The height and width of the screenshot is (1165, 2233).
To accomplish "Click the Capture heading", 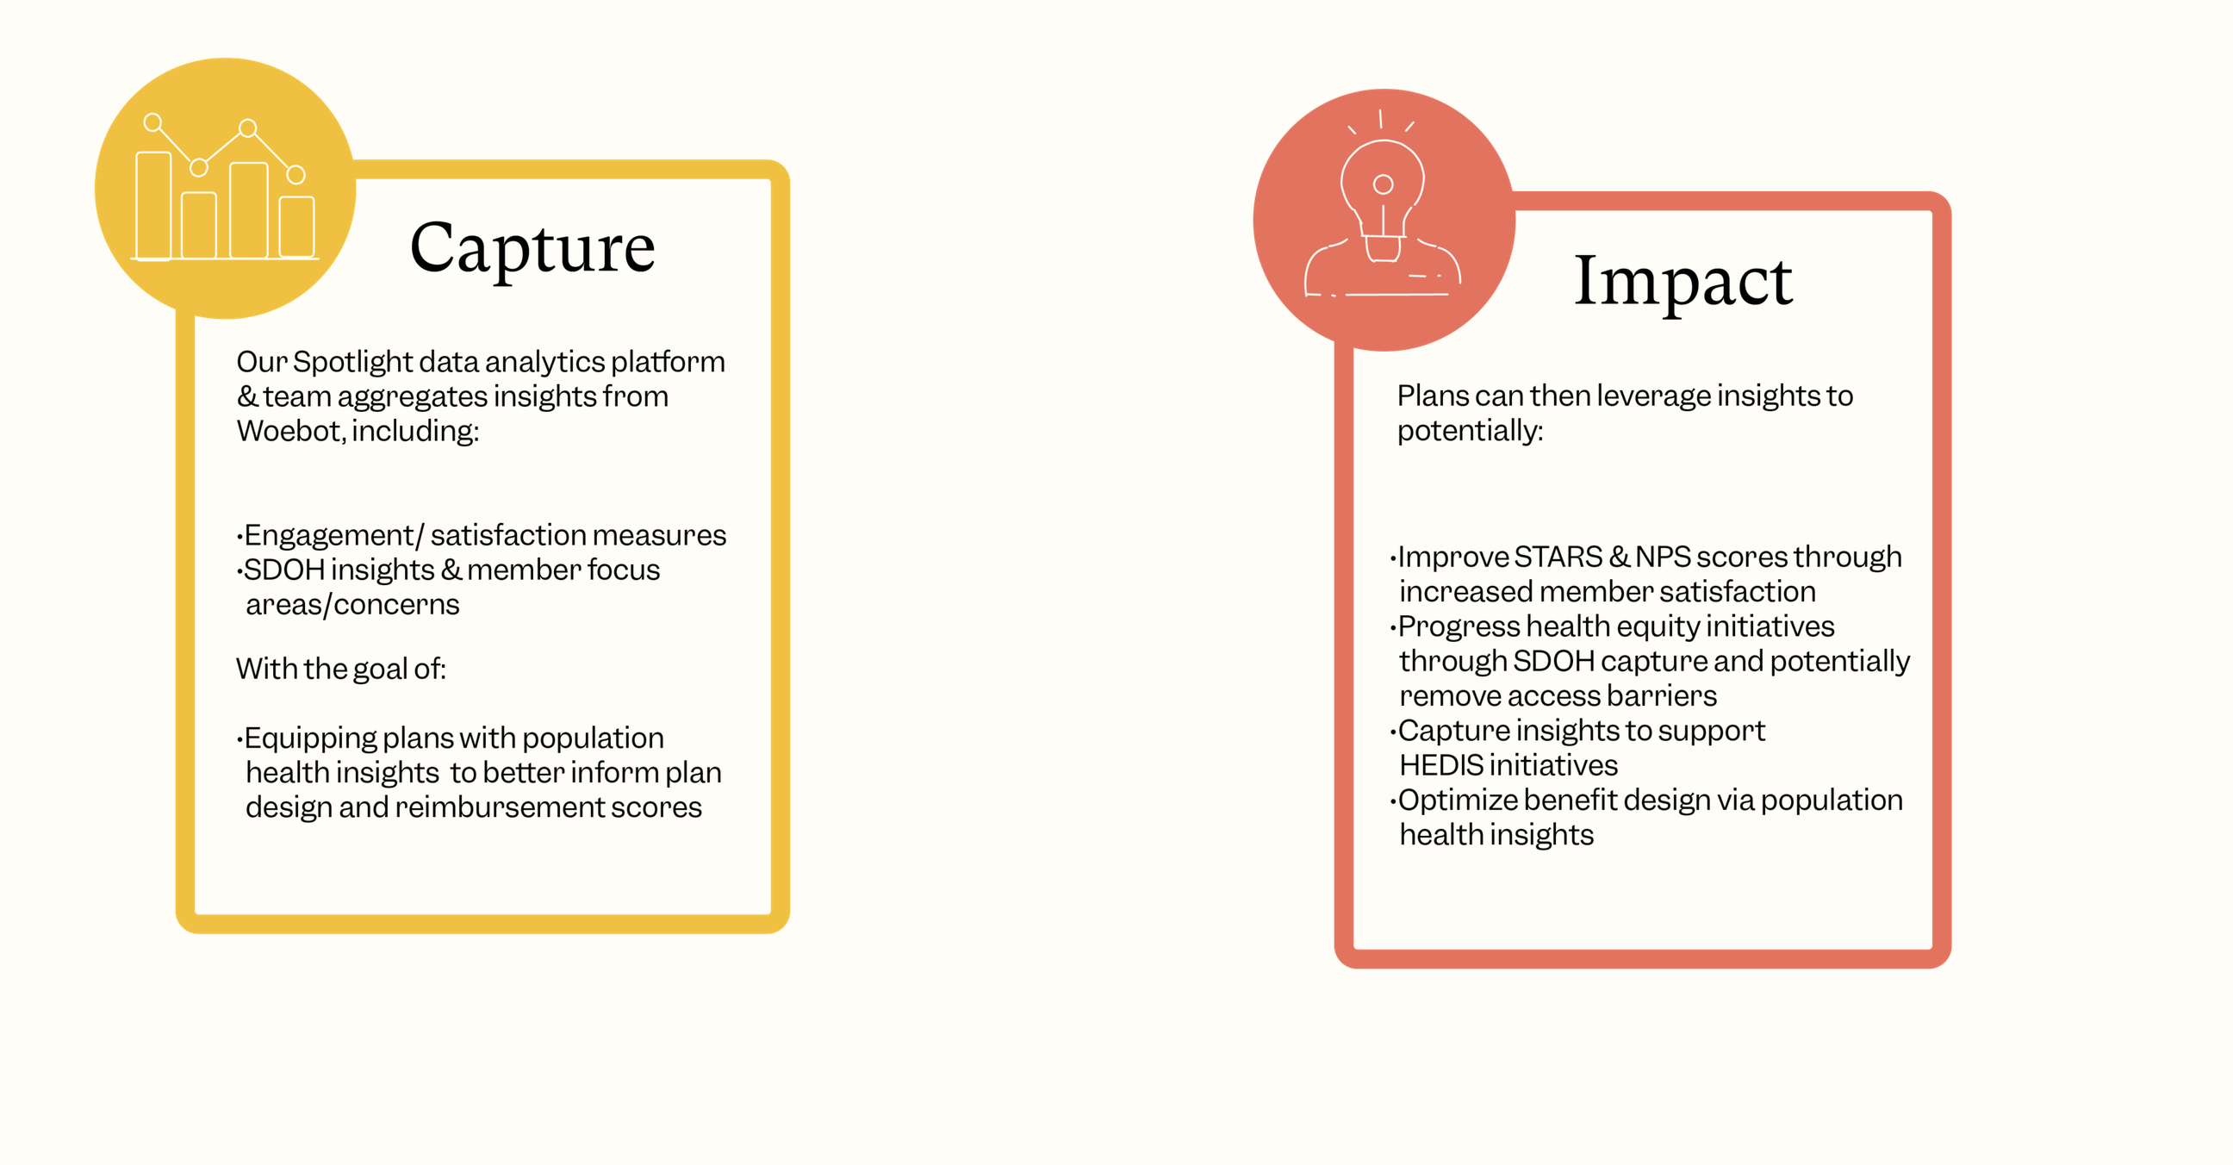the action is (532, 249).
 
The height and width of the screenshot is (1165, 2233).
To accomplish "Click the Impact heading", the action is (1683, 283).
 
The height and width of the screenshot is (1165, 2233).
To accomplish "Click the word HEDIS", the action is (1440, 765).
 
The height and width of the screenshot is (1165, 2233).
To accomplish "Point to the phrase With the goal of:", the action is (340, 669).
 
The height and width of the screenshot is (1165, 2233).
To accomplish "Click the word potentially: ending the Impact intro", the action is (1471, 431).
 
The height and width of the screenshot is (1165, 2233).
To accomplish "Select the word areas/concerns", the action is (352, 604).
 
